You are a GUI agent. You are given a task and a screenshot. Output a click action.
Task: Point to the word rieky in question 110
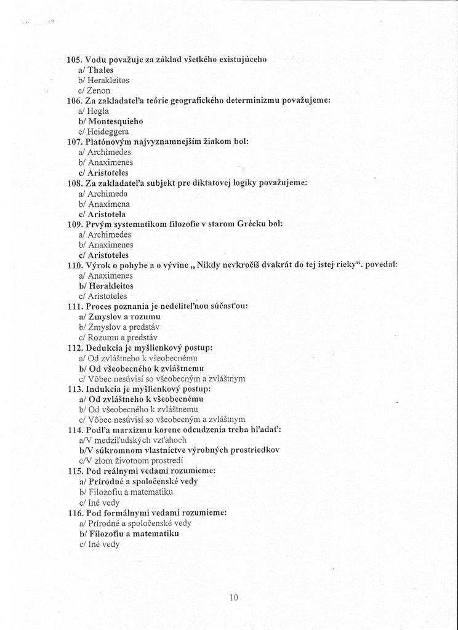[349, 265]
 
